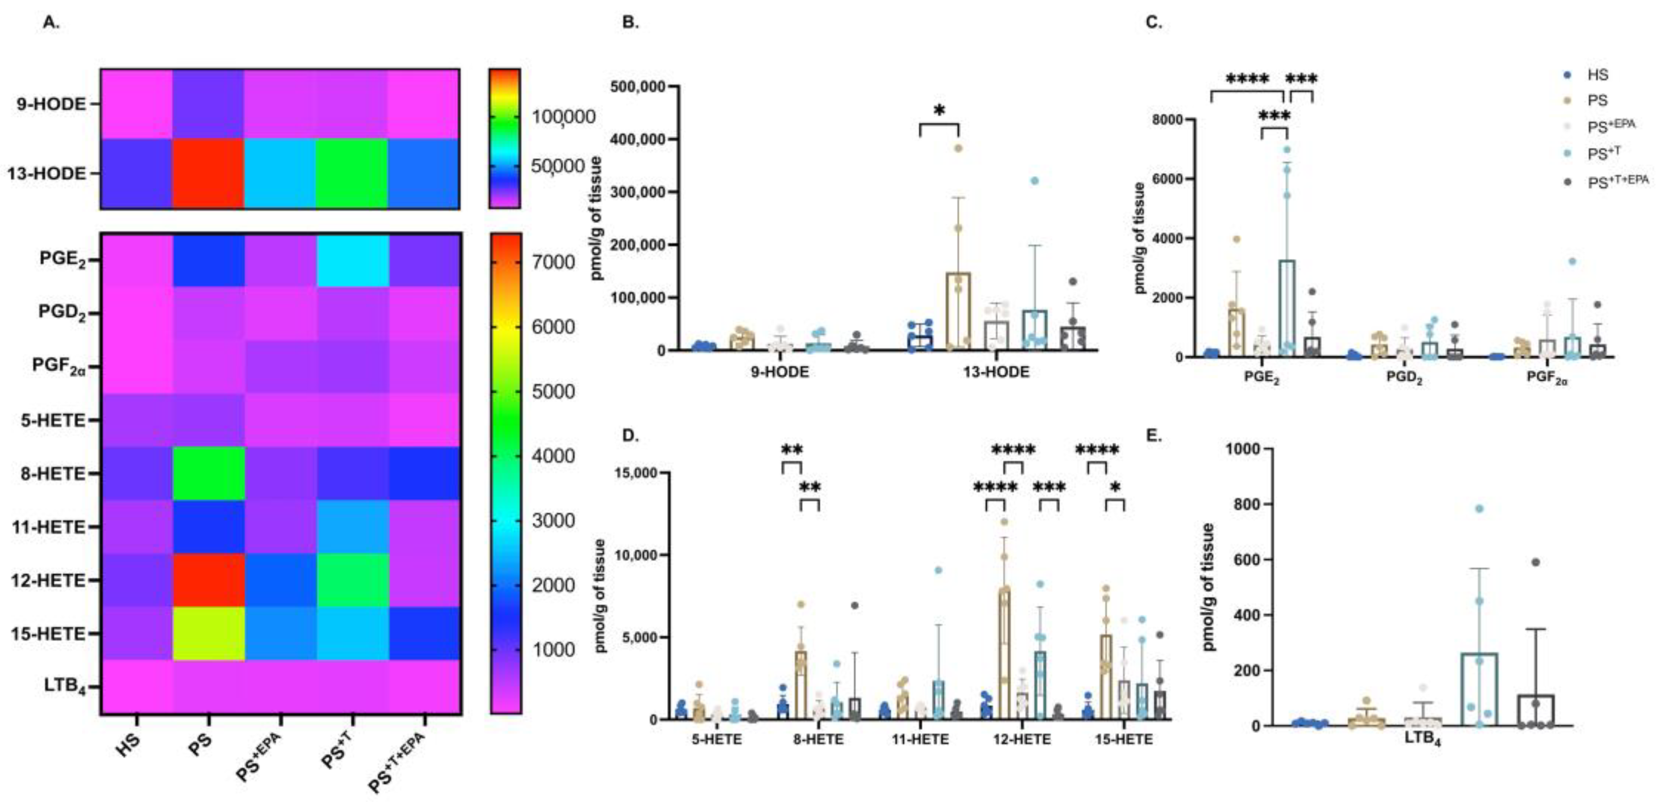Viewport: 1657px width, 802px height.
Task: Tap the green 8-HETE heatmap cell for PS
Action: point(208,473)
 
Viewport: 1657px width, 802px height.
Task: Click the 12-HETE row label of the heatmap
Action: point(48,581)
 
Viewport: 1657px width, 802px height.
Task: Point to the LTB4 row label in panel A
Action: point(65,686)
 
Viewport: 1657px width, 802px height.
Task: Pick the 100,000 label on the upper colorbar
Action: point(563,117)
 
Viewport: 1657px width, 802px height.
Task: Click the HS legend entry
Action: point(1597,74)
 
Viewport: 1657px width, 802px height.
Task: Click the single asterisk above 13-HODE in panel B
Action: point(939,111)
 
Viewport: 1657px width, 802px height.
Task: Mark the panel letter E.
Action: point(1154,436)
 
